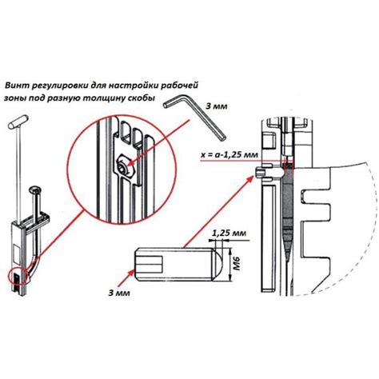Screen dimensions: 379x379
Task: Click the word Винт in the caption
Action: (17, 86)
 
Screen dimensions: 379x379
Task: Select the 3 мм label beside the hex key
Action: (217, 106)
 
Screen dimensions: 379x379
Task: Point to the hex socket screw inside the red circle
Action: (123, 168)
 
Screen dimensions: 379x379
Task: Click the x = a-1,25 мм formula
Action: (229, 154)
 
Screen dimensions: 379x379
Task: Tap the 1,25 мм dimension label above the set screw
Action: (229, 233)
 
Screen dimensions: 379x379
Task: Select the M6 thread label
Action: (237, 264)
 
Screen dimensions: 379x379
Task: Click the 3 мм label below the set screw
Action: (119, 293)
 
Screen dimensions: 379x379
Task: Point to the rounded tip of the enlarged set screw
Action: (217, 264)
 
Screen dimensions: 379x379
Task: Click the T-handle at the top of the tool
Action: (18, 122)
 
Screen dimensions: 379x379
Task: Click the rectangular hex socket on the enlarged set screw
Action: (150, 264)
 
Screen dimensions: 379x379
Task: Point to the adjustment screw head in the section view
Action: (261, 172)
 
